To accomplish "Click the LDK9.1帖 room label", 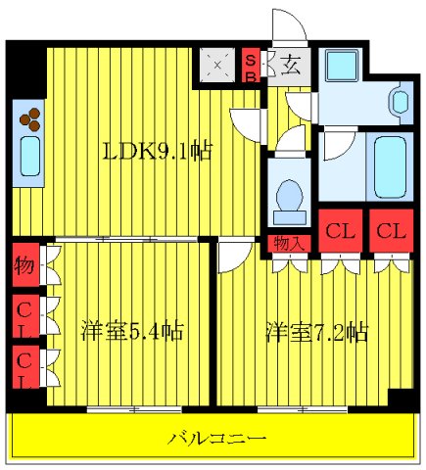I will (159, 153).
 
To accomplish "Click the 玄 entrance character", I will (291, 67).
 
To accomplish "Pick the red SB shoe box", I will (251, 68).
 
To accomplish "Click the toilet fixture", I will (288, 196).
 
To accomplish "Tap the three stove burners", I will (30, 117).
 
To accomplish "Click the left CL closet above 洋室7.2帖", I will (339, 233).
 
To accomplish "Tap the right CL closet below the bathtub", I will (390, 233).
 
